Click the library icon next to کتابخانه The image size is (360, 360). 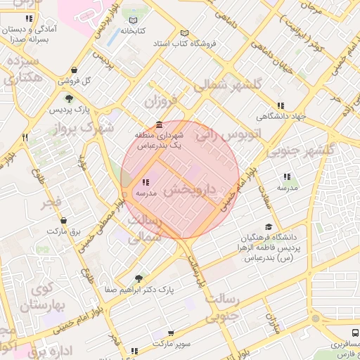[x=134, y=20]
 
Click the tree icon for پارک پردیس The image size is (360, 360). [x=69, y=98]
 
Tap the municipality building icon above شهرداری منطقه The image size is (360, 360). [x=162, y=124]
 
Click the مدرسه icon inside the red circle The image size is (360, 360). [x=145, y=182]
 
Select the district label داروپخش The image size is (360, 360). [x=190, y=191]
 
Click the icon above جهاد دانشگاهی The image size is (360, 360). [x=281, y=105]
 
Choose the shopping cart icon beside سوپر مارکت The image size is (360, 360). [x=171, y=334]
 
